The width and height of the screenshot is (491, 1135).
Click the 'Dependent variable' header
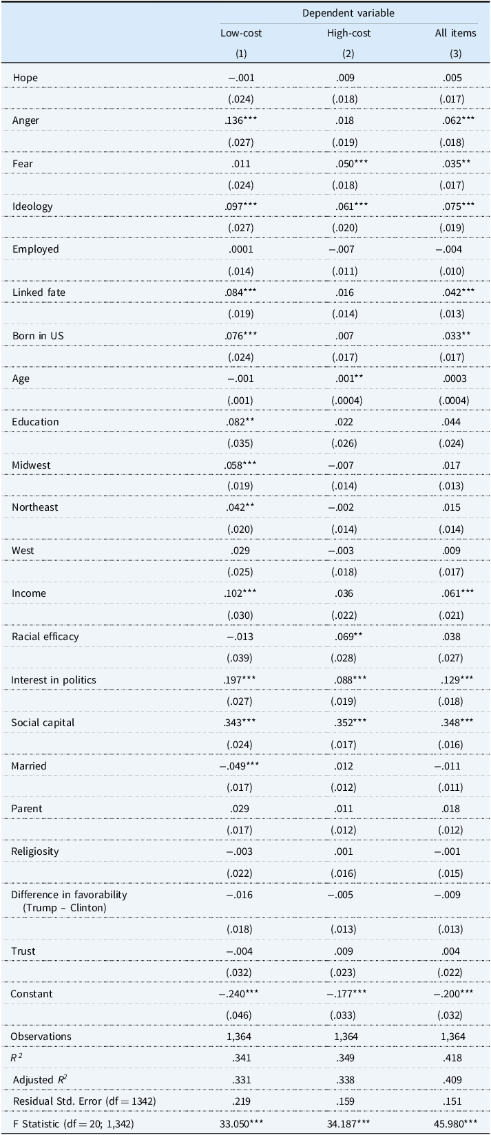coord(348,13)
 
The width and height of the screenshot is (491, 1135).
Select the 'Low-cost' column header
coord(241,33)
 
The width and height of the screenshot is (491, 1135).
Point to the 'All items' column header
coord(455,33)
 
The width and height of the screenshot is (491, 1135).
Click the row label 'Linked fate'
coord(36,293)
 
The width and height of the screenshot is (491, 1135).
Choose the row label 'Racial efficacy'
coord(45,637)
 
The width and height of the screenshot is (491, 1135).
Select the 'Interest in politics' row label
coord(54,680)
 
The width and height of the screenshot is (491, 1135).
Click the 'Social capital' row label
coord(43,723)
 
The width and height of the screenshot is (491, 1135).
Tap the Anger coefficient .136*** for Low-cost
coord(240,120)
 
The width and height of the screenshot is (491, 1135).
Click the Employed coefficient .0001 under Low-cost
coord(240,249)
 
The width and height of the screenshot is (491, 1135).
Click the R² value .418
coord(452,1057)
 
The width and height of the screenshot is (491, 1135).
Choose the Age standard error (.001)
coord(240,401)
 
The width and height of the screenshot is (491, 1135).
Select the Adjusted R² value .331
coord(240,1080)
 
